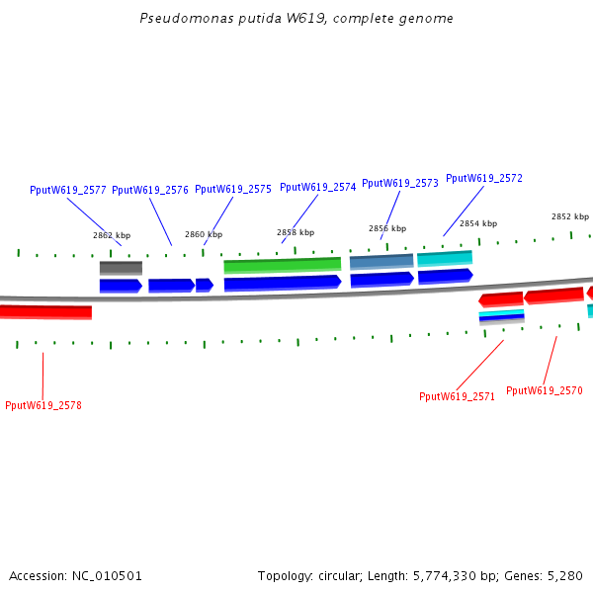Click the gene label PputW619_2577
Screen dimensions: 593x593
(67, 190)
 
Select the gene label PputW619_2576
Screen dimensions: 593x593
(150, 190)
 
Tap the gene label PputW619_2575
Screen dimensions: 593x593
(232, 189)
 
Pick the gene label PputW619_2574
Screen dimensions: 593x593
(317, 187)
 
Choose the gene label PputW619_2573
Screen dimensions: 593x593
(399, 183)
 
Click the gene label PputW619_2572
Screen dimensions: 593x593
(483, 179)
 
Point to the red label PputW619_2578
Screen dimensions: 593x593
(42, 405)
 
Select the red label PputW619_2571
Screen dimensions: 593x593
(457, 396)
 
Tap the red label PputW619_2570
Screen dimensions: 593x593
(544, 390)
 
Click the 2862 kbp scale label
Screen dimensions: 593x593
(112, 236)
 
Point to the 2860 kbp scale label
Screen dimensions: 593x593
(204, 235)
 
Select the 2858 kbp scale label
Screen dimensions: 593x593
(296, 233)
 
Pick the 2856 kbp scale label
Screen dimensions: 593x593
(387, 229)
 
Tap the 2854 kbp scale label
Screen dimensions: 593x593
(478, 224)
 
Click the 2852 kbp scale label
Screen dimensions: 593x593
(570, 217)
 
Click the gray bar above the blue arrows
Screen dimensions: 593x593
(121, 268)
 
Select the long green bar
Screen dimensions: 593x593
(282, 265)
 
